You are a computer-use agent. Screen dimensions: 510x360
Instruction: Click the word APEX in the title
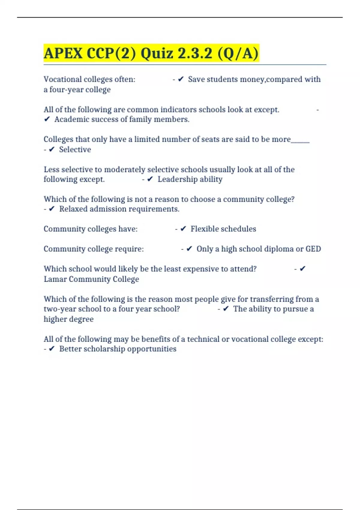point(63,53)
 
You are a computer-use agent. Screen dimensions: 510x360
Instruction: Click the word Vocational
point(62,79)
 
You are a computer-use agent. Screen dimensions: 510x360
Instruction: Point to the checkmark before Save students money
point(181,79)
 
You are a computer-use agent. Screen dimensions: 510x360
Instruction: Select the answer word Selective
point(75,149)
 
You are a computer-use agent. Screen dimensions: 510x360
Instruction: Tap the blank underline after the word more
point(300,141)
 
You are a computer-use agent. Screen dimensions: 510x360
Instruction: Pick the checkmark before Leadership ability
point(150,179)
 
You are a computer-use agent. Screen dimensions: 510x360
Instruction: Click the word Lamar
point(55,279)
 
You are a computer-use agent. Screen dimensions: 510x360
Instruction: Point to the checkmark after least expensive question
point(303,269)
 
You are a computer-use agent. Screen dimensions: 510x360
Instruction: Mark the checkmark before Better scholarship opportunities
point(52,349)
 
